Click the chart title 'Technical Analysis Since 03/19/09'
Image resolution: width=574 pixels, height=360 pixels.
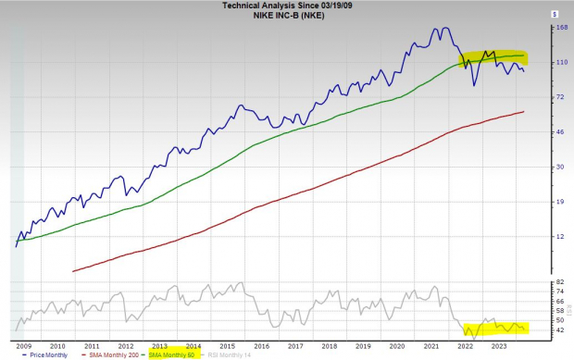286,6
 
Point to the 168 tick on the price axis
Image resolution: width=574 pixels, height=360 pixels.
560,28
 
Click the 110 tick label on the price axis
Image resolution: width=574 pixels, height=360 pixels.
560,62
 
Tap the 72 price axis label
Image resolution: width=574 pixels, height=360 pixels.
559,97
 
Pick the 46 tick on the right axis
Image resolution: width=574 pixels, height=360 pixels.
559,132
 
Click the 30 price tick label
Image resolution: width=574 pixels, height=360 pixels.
559,168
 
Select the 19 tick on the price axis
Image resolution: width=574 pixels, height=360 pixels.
559,202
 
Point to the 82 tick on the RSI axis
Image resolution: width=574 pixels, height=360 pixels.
559,281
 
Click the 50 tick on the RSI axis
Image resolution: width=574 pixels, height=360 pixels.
559,320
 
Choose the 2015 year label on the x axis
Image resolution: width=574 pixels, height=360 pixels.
228,344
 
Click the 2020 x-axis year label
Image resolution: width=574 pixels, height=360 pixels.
397,344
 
